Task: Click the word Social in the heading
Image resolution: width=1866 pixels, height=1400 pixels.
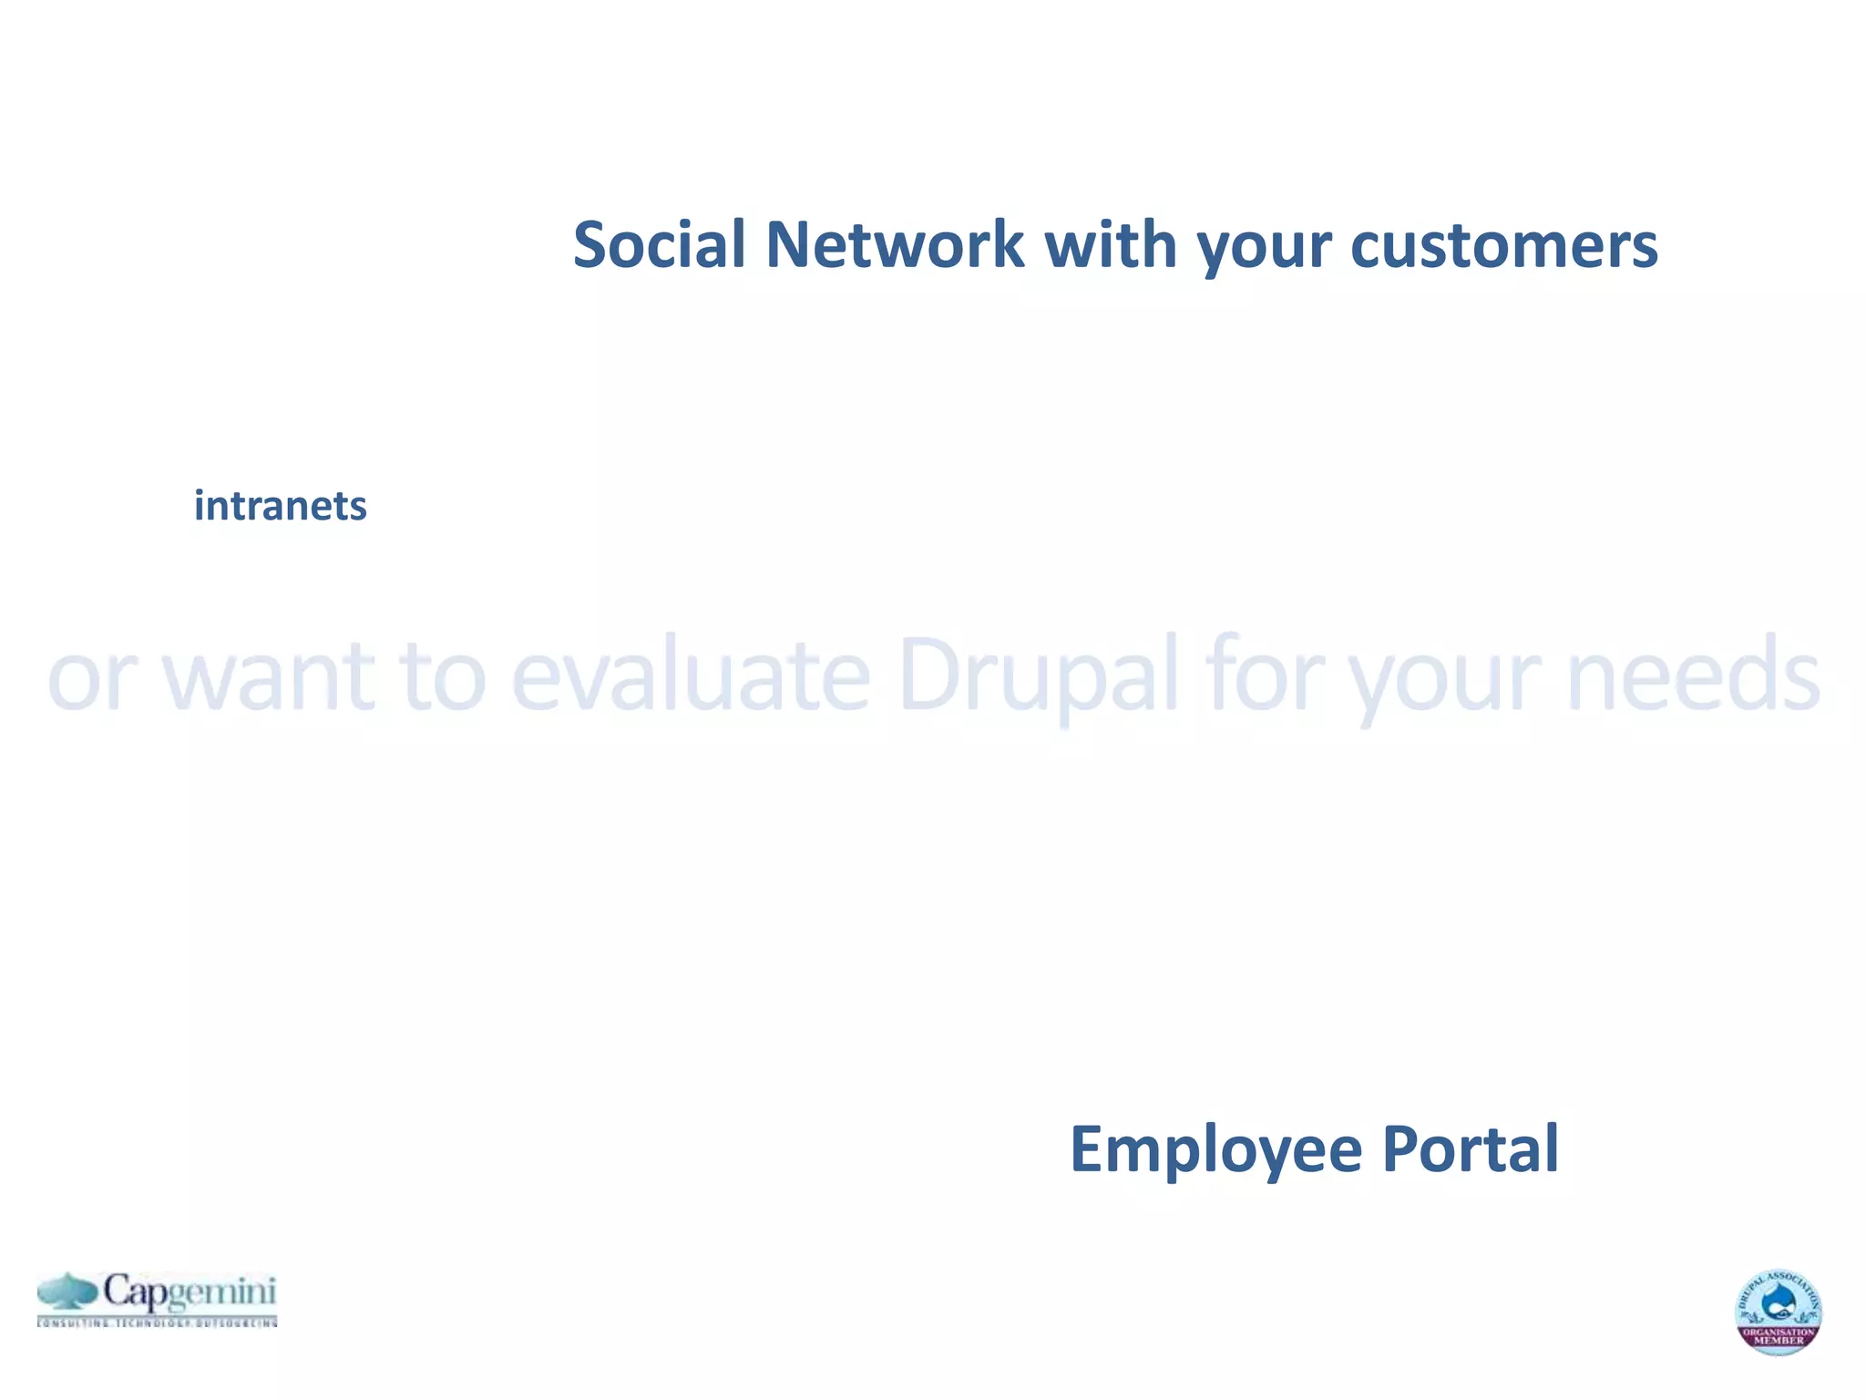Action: pyautogui.click(x=659, y=245)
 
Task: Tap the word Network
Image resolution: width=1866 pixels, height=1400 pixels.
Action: pyautogui.click(x=894, y=245)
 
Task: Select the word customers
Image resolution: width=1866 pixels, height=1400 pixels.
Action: pyautogui.click(x=1503, y=245)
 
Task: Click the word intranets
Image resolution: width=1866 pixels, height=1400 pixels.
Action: pyautogui.click(x=280, y=506)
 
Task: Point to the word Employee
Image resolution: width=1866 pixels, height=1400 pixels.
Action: pyautogui.click(x=1215, y=1150)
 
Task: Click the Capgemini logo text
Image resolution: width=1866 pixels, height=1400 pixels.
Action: pyautogui.click(x=189, y=1292)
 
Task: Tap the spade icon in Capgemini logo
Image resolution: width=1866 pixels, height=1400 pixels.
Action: pyautogui.click(x=67, y=1291)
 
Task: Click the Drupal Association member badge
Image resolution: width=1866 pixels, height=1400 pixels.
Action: pyautogui.click(x=1778, y=1311)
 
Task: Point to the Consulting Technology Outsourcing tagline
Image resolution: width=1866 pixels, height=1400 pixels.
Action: pyautogui.click(x=157, y=1323)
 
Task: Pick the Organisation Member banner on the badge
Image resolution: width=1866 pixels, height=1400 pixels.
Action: pyautogui.click(x=1778, y=1337)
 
